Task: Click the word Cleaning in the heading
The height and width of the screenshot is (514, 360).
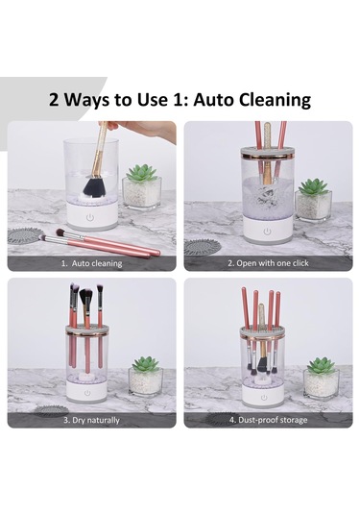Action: (275, 99)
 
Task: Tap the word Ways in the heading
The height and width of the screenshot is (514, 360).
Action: (86, 99)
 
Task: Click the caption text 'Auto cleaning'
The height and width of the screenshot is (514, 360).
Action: (97, 263)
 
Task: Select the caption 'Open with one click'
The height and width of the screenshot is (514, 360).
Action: (273, 263)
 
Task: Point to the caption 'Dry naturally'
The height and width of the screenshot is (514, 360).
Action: (96, 420)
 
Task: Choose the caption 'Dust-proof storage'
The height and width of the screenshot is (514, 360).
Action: (273, 420)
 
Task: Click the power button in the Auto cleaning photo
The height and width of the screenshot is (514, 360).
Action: (90, 217)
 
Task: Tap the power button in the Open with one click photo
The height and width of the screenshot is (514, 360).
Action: (267, 232)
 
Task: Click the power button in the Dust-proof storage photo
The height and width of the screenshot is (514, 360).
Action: (264, 398)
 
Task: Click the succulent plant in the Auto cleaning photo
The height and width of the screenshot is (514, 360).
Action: (142, 173)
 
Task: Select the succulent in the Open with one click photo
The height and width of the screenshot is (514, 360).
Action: (314, 186)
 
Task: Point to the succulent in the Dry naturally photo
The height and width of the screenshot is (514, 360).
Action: (146, 364)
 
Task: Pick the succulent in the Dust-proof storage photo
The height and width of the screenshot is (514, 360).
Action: (321, 366)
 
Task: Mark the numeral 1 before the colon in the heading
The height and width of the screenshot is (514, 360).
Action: (177, 99)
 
